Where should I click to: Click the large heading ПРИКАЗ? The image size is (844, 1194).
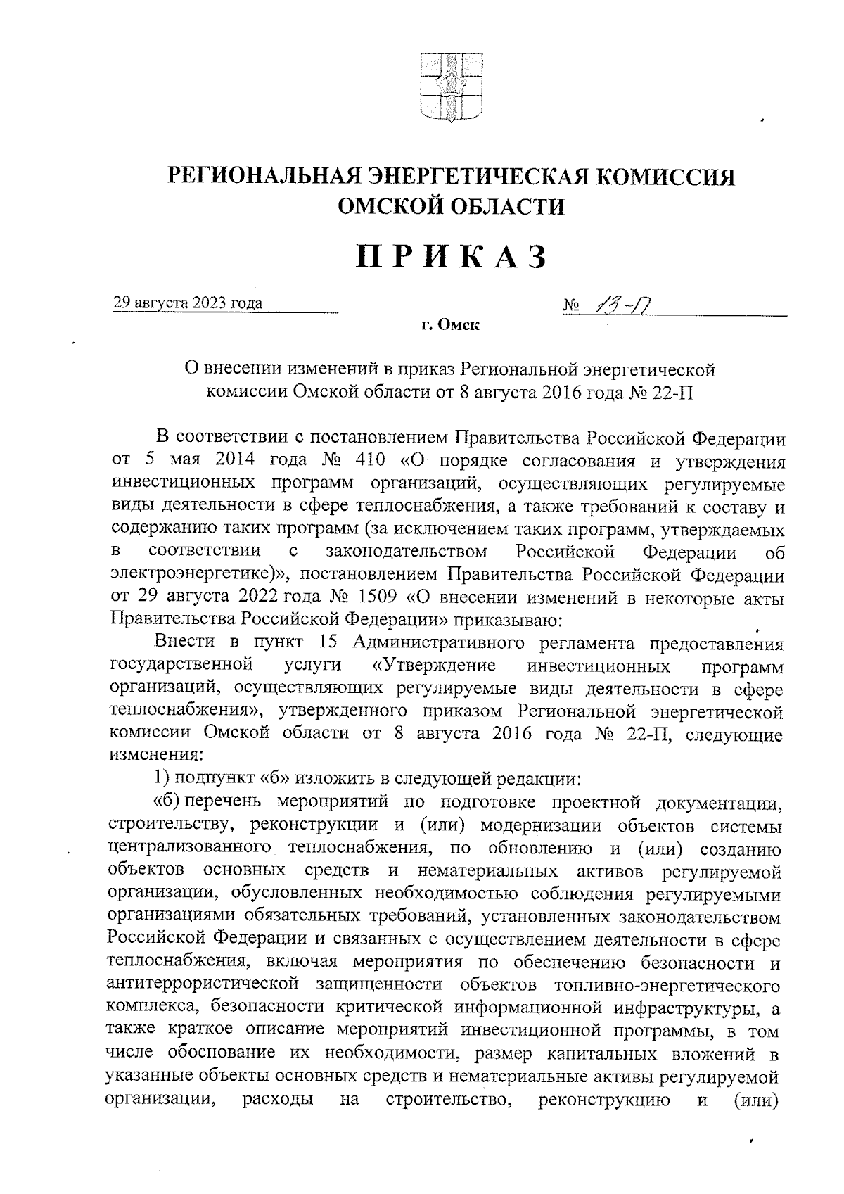click(x=451, y=256)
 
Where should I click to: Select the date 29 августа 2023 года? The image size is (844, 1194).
click(x=188, y=303)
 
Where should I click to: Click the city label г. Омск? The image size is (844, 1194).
click(x=450, y=325)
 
